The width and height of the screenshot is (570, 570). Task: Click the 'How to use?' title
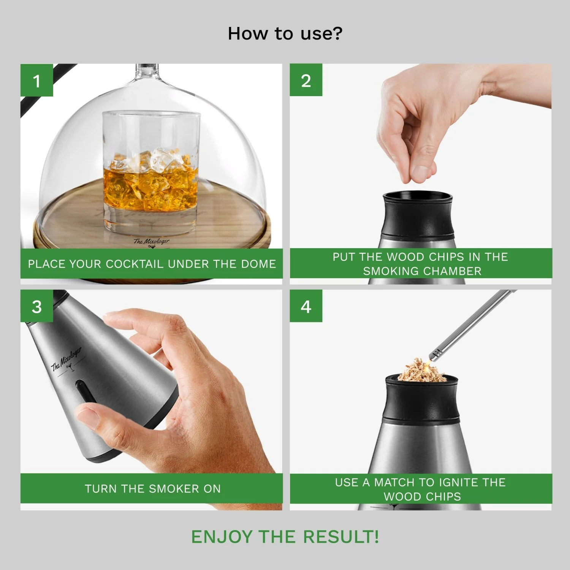click(285, 33)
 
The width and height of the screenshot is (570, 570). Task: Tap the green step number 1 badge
click(36, 80)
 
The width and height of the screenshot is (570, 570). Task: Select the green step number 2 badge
click(306, 80)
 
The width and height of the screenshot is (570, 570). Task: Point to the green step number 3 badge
click(36, 306)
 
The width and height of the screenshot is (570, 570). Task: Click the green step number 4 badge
click(306, 306)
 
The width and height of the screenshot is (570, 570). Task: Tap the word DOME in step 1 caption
click(258, 264)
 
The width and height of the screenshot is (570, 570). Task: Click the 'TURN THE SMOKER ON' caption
click(152, 489)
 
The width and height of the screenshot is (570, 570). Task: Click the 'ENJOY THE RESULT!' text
click(285, 537)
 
